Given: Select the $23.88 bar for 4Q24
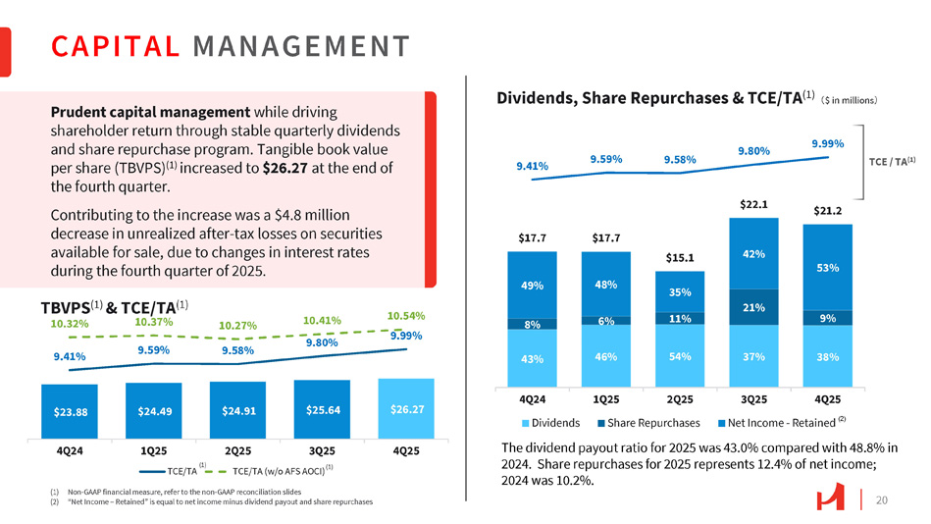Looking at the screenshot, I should point(69,411).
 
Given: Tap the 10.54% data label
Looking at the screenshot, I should point(405,316).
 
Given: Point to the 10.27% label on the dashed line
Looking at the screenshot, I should point(238,326).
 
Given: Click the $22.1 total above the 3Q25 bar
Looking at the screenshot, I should point(753,204).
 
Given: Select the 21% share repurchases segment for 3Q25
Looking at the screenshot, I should point(753,308).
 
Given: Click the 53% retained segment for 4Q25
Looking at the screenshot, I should point(827,267).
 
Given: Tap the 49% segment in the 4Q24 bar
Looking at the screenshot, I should point(533,286).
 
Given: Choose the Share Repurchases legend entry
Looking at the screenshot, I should point(648,423).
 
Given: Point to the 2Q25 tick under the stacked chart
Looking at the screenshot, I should point(680,400).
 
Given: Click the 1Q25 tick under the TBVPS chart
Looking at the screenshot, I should point(153,450).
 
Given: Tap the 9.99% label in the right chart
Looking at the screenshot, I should point(827,143).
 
